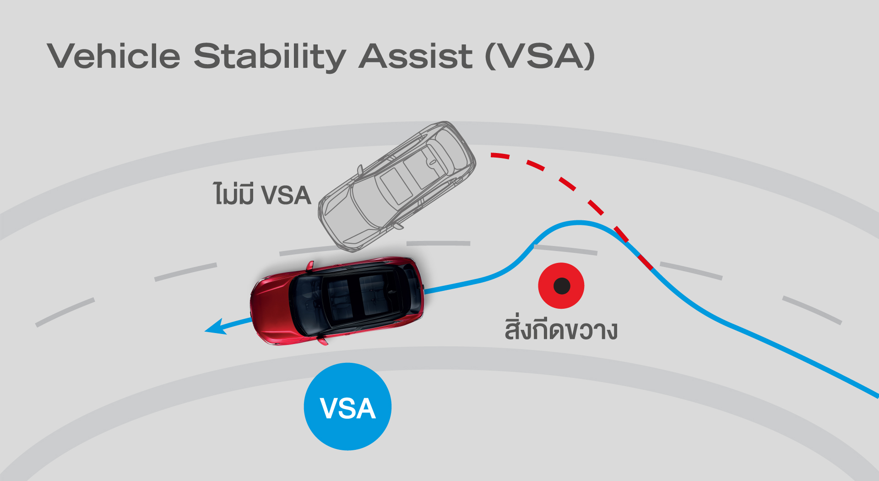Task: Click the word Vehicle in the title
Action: click(114, 56)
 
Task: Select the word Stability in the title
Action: click(270, 57)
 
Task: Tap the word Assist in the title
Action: click(415, 56)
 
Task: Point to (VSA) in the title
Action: click(540, 56)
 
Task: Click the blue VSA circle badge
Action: click(347, 406)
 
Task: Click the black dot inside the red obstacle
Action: click(562, 286)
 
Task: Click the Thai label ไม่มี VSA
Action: click(262, 193)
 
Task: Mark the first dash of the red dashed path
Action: click(500, 156)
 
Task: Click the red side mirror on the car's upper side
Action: click(310, 266)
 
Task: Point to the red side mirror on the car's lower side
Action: click(323, 340)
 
